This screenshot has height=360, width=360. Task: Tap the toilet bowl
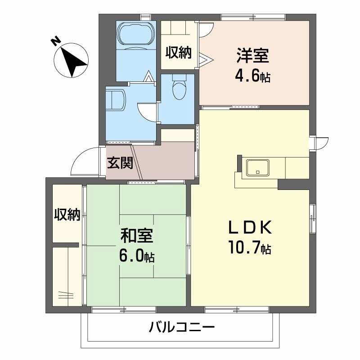click(179, 88)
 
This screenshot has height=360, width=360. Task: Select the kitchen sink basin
click(257, 167)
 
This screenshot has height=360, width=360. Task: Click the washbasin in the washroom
click(116, 99)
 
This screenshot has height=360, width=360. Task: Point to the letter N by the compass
click(56, 41)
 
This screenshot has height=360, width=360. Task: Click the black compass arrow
click(73, 62)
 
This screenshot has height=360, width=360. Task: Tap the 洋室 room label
click(253, 55)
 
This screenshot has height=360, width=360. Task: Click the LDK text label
click(250, 227)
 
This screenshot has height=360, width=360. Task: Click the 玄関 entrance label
click(120, 162)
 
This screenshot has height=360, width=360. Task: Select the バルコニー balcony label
click(182, 327)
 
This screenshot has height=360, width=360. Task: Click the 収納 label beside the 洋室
click(179, 52)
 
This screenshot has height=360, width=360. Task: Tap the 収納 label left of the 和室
click(67, 215)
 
